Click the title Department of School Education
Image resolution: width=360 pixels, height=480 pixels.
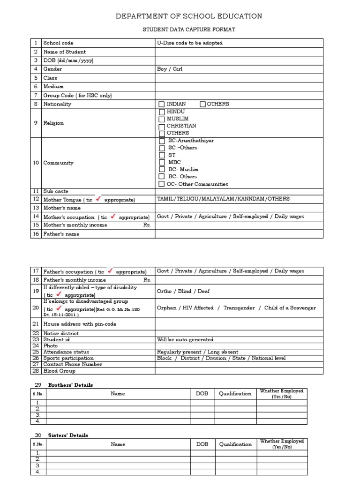pyautogui.click(x=189, y=16)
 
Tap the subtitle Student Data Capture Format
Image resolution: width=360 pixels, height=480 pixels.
pyautogui.click(x=189, y=30)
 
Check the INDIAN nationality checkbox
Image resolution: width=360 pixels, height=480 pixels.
pyautogui.click(x=162, y=104)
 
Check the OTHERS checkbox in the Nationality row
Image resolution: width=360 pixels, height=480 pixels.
pyautogui.click(x=202, y=104)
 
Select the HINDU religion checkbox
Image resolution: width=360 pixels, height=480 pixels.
pyautogui.click(x=162, y=112)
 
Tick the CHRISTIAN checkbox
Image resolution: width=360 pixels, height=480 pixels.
pyautogui.click(x=162, y=127)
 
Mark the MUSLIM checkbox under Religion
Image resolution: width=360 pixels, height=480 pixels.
pyautogui.click(x=162, y=119)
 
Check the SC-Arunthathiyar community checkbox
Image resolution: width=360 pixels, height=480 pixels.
pyautogui.click(x=162, y=141)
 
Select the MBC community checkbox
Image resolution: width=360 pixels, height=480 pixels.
pyautogui.click(x=162, y=162)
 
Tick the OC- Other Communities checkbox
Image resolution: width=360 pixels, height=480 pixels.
pyautogui.click(x=162, y=184)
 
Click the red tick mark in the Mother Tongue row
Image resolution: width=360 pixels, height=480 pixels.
pyautogui.click(x=98, y=199)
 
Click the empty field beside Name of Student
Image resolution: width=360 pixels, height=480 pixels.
pyautogui.click(x=239, y=52)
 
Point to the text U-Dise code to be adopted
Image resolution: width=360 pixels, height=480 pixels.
pyautogui.click(x=190, y=43)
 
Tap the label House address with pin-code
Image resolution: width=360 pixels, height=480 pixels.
pyautogui.click(x=80, y=324)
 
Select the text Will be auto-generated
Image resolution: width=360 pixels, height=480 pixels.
pyautogui.click(x=185, y=339)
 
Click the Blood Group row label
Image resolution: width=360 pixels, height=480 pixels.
pyautogui.click(x=59, y=370)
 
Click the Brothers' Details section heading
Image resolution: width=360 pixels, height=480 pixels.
pyautogui.click(x=70, y=385)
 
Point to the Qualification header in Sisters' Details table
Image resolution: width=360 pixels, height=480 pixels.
pyautogui.click(x=235, y=444)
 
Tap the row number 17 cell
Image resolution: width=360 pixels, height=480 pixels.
pyautogui.click(x=36, y=271)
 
